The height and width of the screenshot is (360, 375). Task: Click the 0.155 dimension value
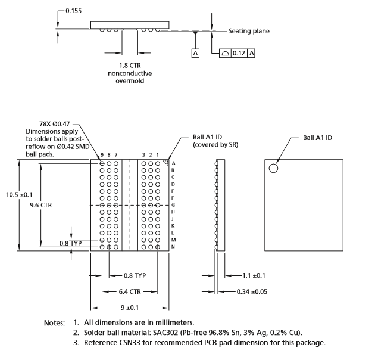coord(74,11)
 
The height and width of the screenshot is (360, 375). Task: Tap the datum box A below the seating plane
coord(195,53)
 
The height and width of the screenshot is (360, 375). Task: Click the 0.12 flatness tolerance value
coord(239,53)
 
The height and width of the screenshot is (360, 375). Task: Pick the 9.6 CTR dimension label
coord(40,204)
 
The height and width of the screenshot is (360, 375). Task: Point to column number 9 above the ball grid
coord(102,155)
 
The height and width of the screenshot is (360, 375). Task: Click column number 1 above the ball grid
coord(158,155)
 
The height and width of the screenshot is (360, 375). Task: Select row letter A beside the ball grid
coord(173,163)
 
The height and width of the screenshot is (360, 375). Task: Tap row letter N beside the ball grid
coord(173,247)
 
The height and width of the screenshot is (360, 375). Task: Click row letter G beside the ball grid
coord(173,204)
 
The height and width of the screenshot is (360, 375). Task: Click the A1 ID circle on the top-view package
coord(273,168)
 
